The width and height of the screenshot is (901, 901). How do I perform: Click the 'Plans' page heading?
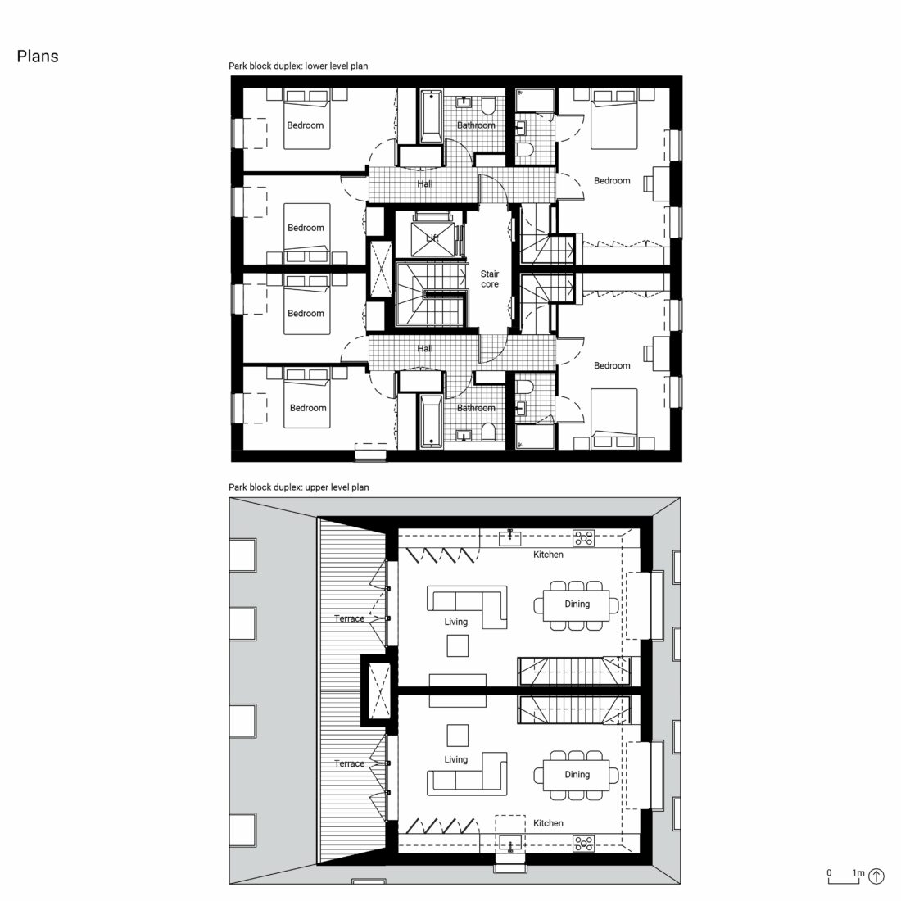click(x=38, y=57)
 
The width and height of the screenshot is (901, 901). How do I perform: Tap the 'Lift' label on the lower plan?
click(x=432, y=238)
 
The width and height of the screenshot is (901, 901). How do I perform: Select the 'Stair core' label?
click(x=490, y=279)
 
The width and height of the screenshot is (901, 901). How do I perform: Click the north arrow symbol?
click(x=876, y=876)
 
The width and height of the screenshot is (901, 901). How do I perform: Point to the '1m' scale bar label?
click(x=858, y=873)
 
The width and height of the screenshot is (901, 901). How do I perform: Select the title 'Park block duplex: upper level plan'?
click(x=299, y=487)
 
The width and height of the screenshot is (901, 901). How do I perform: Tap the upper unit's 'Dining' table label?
click(x=577, y=604)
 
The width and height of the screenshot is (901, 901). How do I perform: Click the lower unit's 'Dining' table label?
click(x=577, y=775)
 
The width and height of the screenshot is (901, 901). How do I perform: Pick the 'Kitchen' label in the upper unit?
click(x=548, y=555)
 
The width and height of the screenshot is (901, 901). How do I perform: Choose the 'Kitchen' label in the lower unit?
click(x=548, y=823)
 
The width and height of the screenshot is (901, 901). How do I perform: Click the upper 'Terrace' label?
click(x=349, y=618)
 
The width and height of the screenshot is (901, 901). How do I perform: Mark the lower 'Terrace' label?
click(x=349, y=763)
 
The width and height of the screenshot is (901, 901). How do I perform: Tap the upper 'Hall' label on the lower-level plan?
click(x=424, y=184)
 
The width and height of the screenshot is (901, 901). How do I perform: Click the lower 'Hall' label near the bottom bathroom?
click(x=424, y=349)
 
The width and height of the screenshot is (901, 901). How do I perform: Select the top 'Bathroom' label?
click(x=476, y=125)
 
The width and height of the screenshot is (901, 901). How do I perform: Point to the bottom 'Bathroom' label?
click(x=476, y=408)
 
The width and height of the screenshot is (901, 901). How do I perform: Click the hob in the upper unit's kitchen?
click(x=584, y=538)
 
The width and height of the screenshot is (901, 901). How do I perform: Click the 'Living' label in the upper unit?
click(x=456, y=622)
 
